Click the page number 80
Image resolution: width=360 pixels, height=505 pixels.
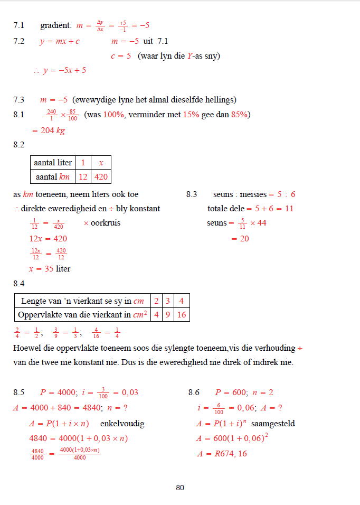[x=180, y=488]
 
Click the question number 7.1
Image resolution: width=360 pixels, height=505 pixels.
[x=19, y=25]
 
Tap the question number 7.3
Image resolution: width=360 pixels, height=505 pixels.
[x=19, y=99]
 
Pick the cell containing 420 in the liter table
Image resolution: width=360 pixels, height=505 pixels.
[x=101, y=176]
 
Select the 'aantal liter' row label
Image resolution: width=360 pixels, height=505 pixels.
[x=53, y=163]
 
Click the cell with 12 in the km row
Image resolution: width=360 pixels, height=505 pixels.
[x=83, y=176]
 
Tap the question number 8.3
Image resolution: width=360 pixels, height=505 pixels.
[x=192, y=194]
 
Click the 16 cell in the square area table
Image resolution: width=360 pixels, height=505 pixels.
[x=182, y=315]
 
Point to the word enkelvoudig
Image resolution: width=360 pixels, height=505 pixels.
[x=122, y=423]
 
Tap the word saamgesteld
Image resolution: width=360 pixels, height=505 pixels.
[x=273, y=423]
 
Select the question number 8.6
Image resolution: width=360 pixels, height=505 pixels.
[x=194, y=392]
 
